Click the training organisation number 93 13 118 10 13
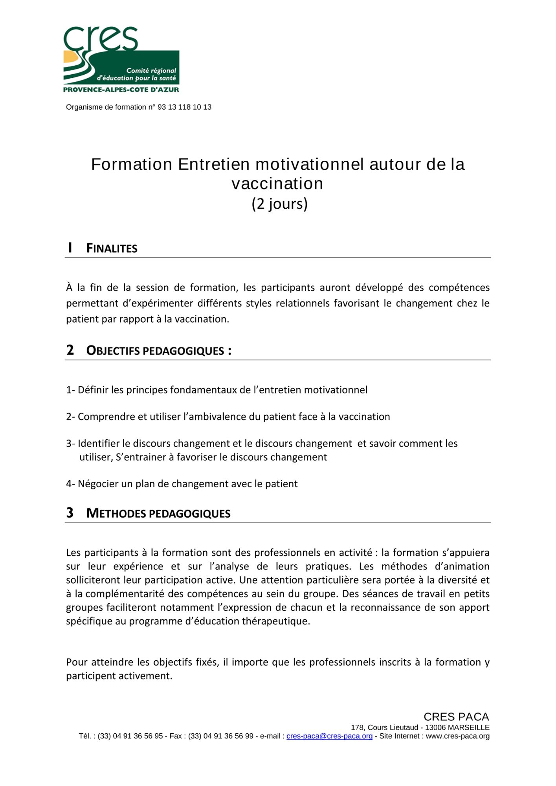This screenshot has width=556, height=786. click(184, 107)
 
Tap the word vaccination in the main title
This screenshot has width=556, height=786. click(277, 184)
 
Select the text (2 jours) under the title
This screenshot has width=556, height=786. click(279, 204)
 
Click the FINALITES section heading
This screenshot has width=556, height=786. click(112, 249)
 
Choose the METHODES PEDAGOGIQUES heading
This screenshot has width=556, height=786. click(158, 514)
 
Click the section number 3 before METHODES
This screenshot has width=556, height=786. click(70, 513)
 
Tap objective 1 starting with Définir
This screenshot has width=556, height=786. click(217, 390)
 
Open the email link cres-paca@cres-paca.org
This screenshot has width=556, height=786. click(329, 736)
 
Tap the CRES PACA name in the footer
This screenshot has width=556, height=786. click(456, 717)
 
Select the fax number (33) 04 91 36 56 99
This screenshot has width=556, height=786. click(220, 736)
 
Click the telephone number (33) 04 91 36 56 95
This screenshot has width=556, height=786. click(130, 736)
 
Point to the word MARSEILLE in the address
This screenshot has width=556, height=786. click(468, 727)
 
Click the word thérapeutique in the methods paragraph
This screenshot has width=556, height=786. click(278, 621)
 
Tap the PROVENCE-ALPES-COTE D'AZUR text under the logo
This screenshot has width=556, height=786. click(121, 90)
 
